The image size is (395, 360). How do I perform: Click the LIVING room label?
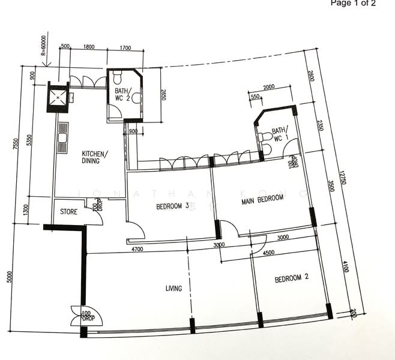click(173, 289)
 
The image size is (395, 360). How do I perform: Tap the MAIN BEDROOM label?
click(262, 201)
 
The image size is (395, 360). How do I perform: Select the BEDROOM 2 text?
click(291, 278)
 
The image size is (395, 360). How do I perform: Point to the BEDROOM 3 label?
click(172, 206)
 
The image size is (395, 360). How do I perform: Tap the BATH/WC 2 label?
click(124, 95)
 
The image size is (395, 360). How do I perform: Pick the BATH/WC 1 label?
click(279, 134)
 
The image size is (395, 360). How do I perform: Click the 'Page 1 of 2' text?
click(353, 4)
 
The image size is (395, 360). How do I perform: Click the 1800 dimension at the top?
click(88, 46)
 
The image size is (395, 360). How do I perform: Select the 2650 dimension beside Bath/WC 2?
click(163, 96)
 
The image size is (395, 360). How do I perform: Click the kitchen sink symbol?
click(62, 139)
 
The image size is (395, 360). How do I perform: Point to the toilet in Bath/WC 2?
click(118, 77)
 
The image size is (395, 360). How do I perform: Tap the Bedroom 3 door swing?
click(135, 230)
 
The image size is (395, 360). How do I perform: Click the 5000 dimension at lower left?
click(9, 278)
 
